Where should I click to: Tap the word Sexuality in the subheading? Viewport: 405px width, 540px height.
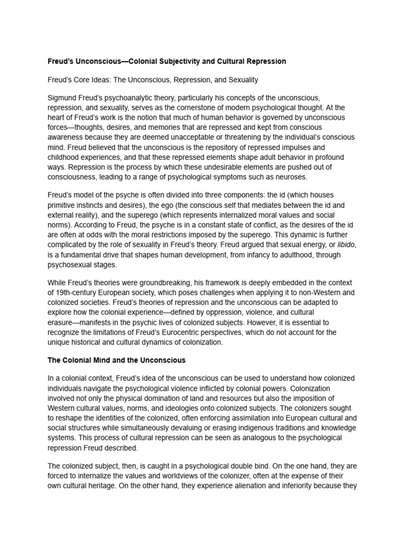point(240,80)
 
